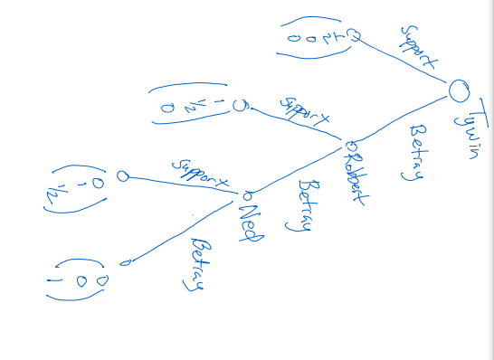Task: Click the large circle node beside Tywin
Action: click(460, 89)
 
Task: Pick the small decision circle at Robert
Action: click(350, 146)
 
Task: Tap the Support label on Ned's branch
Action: click(200, 175)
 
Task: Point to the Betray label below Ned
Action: click(194, 264)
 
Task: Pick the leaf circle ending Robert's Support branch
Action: click(239, 105)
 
